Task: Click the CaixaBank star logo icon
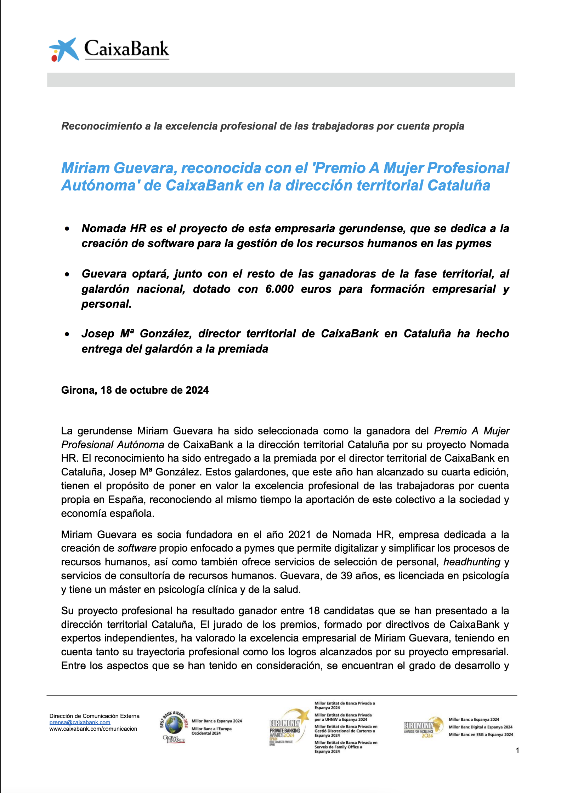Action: (x=64, y=50)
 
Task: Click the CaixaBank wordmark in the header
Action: (x=126, y=49)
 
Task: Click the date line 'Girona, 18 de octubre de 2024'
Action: (x=135, y=390)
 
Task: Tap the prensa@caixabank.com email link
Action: (x=80, y=722)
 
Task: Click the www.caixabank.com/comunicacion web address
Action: (x=93, y=729)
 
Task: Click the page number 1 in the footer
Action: (x=517, y=750)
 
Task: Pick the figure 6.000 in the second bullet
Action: (x=279, y=289)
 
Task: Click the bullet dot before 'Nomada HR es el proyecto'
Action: (x=67, y=229)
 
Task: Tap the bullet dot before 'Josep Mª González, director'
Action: (x=67, y=334)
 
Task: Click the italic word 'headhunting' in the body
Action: (x=472, y=562)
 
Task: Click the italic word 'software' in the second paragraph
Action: (x=137, y=548)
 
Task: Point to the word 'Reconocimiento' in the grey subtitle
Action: (x=102, y=126)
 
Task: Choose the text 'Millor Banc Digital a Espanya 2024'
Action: (x=480, y=727)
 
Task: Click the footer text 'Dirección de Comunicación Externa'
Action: (x=94, y=716)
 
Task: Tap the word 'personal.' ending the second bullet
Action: (x=106, y=304)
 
